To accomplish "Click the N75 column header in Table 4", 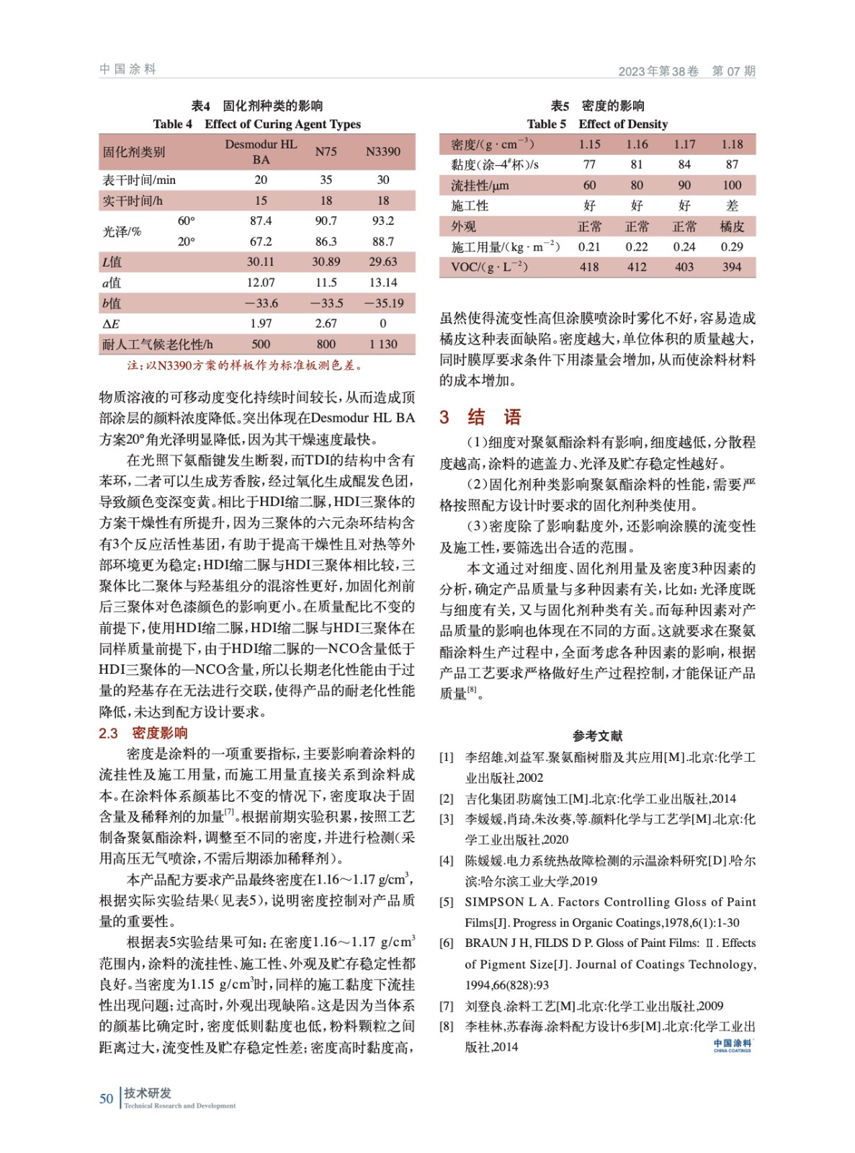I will point(326,151).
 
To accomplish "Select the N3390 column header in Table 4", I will point(382,151).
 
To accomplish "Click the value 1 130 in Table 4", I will point(382,344).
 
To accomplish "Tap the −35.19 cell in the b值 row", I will point(382,303).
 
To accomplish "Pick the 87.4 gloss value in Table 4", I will point(261,221).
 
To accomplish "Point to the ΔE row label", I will point(111,324).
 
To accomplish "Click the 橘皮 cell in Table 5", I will point(732,226).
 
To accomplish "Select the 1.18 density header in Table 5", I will point(732,144).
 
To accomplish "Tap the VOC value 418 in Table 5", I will point(589,267).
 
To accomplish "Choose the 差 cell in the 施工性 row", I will point(732,205).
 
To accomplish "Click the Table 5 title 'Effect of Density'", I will point(623,124).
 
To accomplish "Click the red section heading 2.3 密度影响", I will point(143,733).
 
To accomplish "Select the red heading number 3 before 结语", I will point(444,417).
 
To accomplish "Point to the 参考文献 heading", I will point(597,736).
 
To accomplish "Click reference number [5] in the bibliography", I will point(447,902).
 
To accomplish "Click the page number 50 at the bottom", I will point(107,1098).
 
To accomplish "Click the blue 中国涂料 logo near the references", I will point(732,1045).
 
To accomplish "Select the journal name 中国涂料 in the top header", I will point(127,69).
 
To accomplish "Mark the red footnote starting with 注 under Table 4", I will point(244,365).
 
